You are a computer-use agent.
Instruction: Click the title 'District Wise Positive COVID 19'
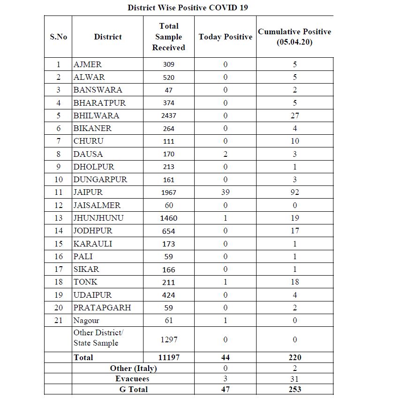(188, 8)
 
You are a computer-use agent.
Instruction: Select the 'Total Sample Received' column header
(168, 37)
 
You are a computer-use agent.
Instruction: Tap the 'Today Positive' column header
(225, 37)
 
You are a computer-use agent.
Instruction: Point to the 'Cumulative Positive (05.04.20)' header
(295, 37)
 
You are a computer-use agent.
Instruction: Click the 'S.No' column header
(59, 37)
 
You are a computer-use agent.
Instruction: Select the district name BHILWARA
(96, 116)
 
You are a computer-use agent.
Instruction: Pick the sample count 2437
(168, 116)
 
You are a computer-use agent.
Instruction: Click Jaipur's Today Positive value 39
(225, 193)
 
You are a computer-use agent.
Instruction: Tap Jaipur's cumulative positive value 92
(295, 193)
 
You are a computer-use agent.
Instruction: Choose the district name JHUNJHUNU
(98, 218)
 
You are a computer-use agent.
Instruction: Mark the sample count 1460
(168, 218)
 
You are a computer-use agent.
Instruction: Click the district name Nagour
(86, 321)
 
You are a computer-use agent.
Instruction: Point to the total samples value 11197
(168, 357)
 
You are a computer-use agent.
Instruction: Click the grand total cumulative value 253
(295, 389)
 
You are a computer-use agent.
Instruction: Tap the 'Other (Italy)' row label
(133, 368)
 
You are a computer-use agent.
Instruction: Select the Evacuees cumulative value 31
(295, 378)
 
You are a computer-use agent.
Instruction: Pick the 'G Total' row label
(133, 389)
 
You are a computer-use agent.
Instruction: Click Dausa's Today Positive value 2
(225, 154)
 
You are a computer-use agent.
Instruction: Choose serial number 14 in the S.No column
(59, 231)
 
